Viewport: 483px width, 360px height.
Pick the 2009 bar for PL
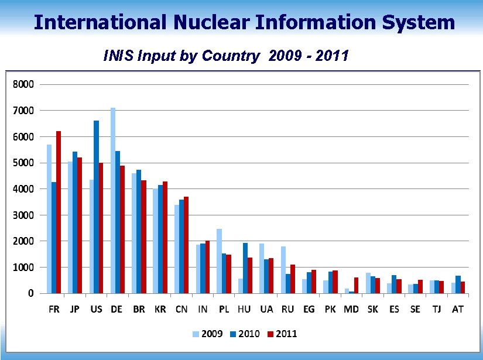pyautogui.click(x=219, y=260)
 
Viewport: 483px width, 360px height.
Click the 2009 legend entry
pyautogui.click(x=208, y=334)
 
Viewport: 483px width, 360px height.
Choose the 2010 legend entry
pyautogui.click(x=245, y=334)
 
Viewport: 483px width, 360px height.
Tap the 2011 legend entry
pyautogui.click(x=283, y=334)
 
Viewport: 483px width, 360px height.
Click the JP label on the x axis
pyautogui.click(x=75, y=309)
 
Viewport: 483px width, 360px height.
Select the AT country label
pyautogui.click(x=457, y=309)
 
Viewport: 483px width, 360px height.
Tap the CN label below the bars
pyautogui.click(x=181, y=309)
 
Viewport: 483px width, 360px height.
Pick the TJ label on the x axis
pyautogui.click(x=436, y=309)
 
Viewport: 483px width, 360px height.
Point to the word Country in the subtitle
pyautogui.click(x=231, y=56)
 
